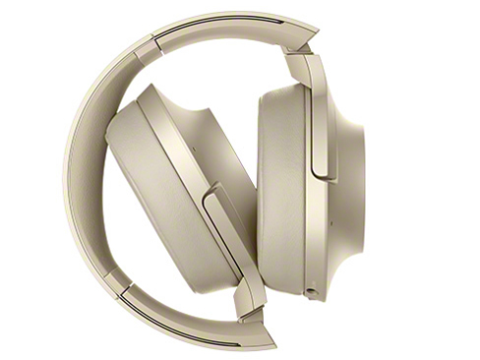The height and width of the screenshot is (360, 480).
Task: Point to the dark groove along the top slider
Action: [226, 22]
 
